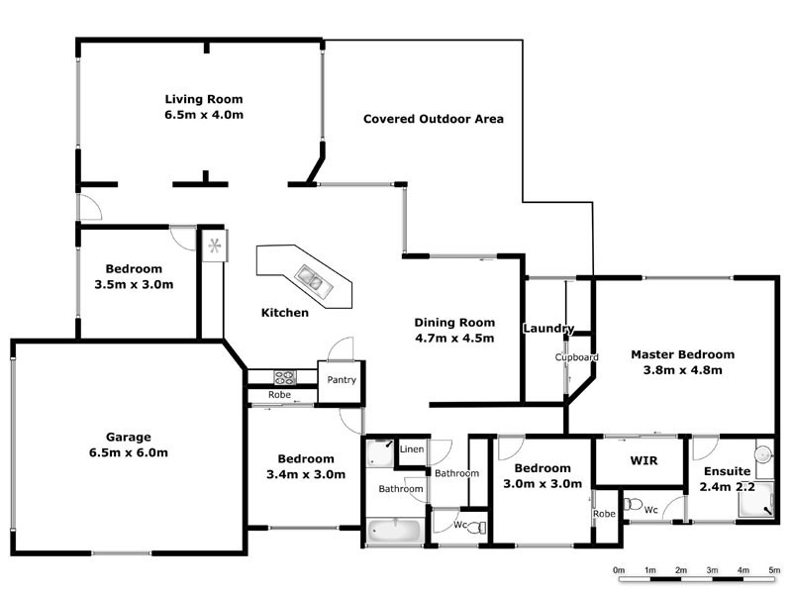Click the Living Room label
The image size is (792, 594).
coord(203,99)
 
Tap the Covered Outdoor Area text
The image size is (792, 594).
coord(434,119)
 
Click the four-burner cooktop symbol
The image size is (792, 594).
coord(284,377)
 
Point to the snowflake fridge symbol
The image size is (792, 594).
coord(213,245)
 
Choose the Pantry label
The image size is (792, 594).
coord(342,380)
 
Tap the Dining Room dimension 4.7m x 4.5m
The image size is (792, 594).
coord(453,338)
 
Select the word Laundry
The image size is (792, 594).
coord(547,328)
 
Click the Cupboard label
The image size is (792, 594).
coord(576,356)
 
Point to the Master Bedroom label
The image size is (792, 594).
coord(682,354)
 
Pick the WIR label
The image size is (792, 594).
coord(644,461)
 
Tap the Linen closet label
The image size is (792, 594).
coord(412,450)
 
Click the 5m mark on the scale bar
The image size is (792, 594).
coord(774,571)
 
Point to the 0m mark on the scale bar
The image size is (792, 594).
coord(619,571)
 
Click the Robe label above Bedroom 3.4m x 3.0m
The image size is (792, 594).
coord(278,395)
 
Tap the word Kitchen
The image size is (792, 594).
coord(284,313)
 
